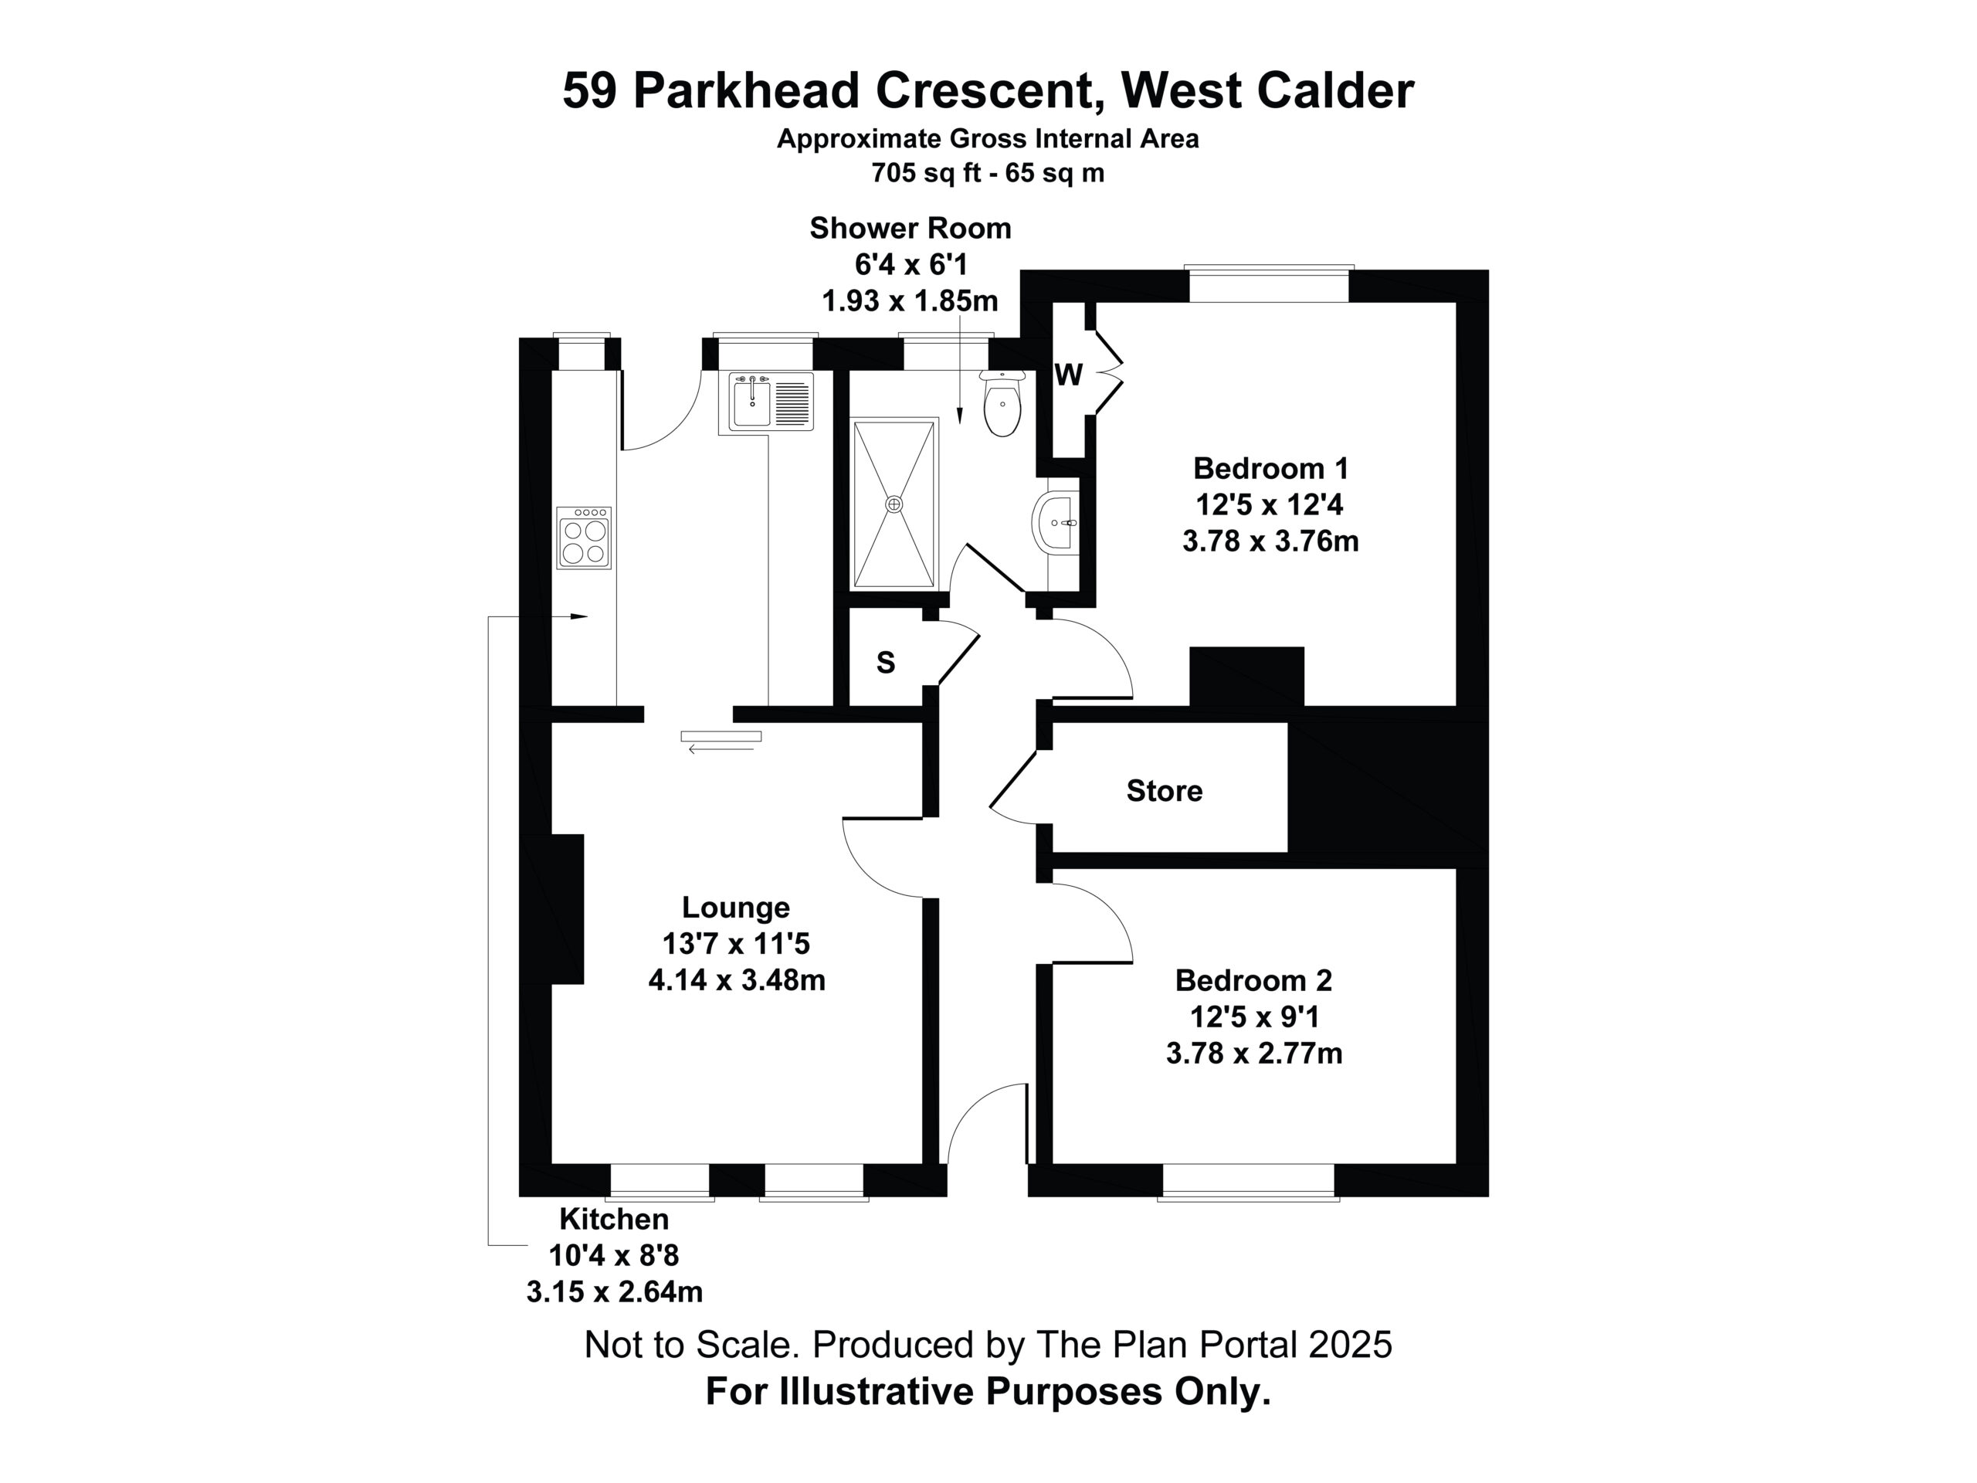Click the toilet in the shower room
[x=1002, y=404]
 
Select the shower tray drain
[x=894, y=504]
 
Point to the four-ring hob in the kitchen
[x=584, y=538]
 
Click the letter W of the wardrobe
[x=1069, y=375]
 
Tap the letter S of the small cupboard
[x=886, y=663]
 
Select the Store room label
[x=1164, y=790]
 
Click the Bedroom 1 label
[x=1270, y=467]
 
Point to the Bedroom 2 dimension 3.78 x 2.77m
[x=1254, y=1054]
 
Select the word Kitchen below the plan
[x=614, y=1218]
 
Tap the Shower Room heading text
[x=910, y=228]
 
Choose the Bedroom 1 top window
[x=1269, y=284]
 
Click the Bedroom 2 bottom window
[x=1248, y=1182]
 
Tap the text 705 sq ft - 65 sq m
[x=988, y=172]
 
